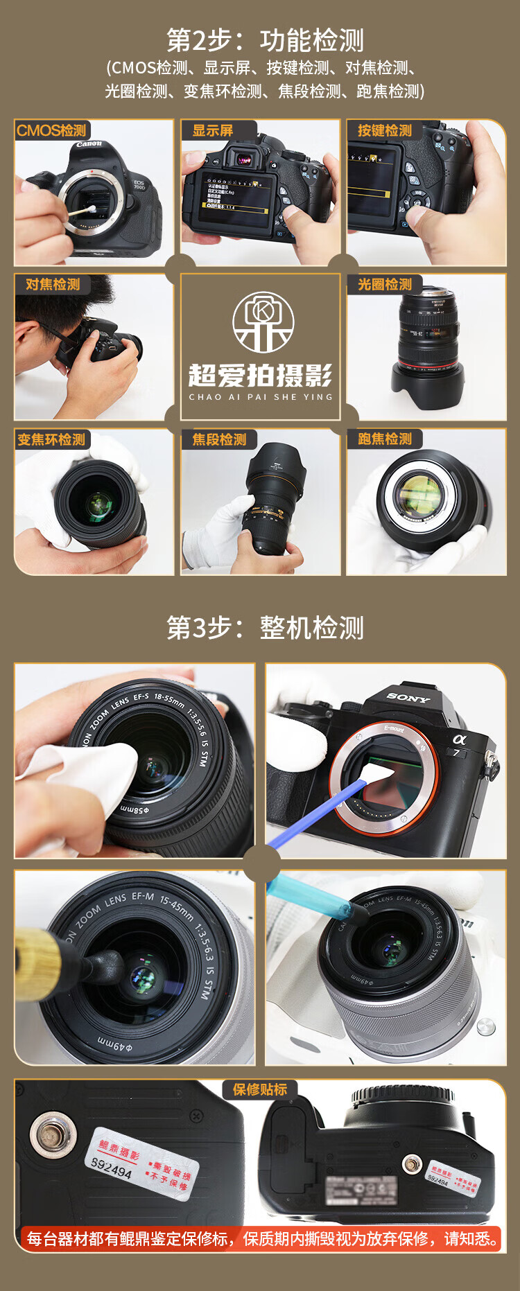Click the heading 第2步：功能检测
point(265,41)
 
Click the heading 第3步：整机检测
point(265,628)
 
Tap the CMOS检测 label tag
point(52,130)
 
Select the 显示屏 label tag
point(213,130)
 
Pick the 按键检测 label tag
point(385,130)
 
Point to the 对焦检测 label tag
point(53,284)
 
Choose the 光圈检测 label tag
point(385,284)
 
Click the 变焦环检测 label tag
point(51,439)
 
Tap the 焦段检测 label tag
point(219,439)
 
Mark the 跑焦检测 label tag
point(385,439)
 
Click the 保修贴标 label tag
point(260,1089)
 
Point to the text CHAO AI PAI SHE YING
point(261,397)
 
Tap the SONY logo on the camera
point(408,698)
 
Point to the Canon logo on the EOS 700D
point(89,144)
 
